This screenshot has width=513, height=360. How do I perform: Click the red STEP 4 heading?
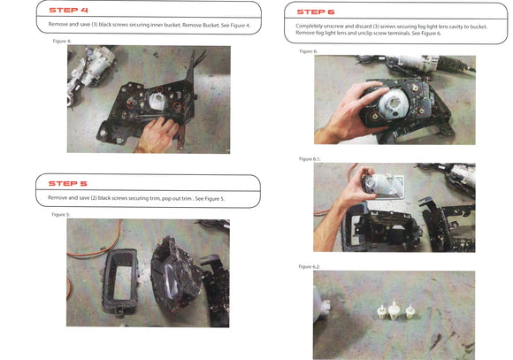point(68,10)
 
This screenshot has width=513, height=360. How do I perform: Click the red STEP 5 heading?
point(68,184)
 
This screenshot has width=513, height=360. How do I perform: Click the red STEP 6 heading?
point(316,12)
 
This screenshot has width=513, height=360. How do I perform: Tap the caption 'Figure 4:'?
point(62,42)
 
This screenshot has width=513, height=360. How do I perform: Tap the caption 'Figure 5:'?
point(61,215)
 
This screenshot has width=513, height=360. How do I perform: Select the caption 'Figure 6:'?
point(309,51)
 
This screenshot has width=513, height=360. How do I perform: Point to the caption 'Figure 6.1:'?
point(310,159)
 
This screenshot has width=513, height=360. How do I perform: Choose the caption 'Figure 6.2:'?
point(310,267)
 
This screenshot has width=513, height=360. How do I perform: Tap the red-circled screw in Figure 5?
point(174,307)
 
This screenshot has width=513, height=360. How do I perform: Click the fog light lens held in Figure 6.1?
point(383,186)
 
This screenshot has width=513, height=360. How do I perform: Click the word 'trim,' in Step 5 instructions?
point(155,198)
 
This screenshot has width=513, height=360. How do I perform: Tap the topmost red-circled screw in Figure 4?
point(159,89)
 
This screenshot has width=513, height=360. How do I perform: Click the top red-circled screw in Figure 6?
point(415,88)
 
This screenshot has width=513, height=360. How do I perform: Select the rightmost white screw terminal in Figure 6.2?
point(410,311)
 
